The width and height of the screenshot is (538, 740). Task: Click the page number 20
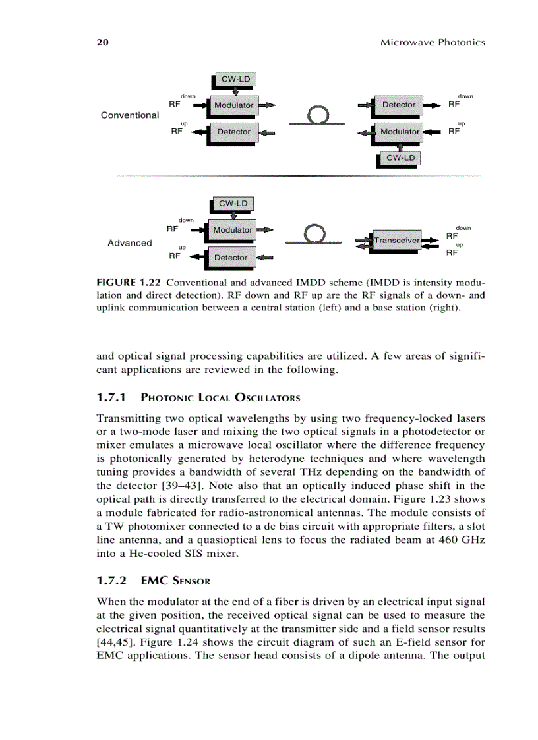[102, 42]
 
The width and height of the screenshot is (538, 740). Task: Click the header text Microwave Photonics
[433, 42]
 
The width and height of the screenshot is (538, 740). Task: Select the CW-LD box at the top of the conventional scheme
[234, 79]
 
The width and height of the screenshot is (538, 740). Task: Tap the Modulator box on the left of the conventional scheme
[233, 105]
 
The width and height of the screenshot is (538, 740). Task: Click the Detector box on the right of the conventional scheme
[398, 105]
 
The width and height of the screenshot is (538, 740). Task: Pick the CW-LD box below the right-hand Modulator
[400, 158]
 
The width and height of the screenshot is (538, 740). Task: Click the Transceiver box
[396, 241]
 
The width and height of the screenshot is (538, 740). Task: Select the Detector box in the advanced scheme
[231, 258]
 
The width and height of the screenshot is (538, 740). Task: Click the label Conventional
[130, 115]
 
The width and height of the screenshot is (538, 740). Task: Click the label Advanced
[130, 243]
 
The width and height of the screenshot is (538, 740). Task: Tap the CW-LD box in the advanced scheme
[233, 204]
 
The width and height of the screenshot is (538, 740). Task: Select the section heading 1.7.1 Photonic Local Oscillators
[198, 397]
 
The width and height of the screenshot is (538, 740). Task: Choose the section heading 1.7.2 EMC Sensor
[153, 581]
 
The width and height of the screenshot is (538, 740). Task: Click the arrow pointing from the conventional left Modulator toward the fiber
[267, 105]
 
